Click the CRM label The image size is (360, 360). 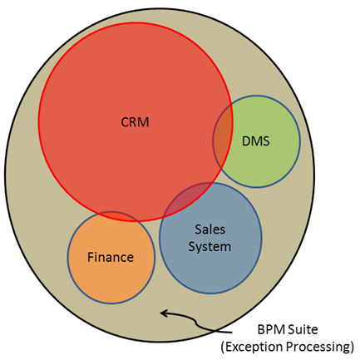click(135, 122)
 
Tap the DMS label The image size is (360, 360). click(256, 141)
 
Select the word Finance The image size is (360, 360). click(111, 257)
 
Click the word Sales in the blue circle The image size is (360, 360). click(210, 229)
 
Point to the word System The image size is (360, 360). click(210, 247)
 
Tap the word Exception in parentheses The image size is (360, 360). click(254, 347)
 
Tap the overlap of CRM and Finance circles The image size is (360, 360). click(116, 215)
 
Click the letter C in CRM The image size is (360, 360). click(125, 122)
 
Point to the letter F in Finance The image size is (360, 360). click(91, 257)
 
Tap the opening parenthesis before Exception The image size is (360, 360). click(223, 348)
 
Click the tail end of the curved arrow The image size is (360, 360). click(231, 332)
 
